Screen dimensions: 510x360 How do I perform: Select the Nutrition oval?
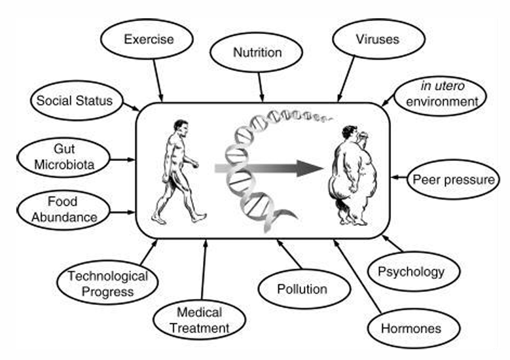point(257,52)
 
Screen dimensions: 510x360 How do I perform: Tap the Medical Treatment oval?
point(199,320)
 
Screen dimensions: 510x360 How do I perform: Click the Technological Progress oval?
point(107,284)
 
